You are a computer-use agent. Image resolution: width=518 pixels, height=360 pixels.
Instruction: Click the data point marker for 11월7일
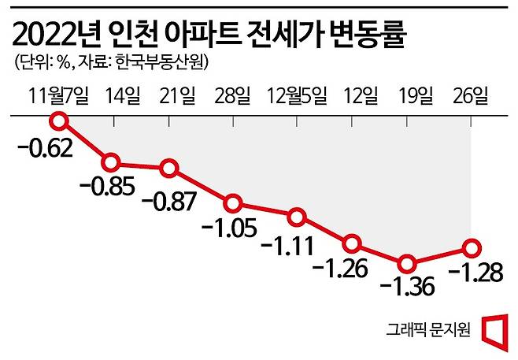(x=58, y=121)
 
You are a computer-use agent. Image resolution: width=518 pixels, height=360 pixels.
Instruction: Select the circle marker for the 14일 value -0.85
(x=112, y=163)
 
